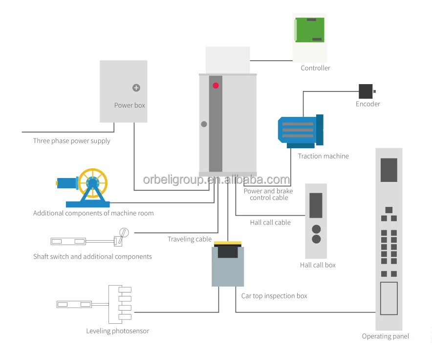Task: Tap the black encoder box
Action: click(x=366, y=91)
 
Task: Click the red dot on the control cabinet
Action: click(x=216, y=86)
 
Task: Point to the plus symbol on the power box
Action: click(x=136, y=88)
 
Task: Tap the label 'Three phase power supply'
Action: click(x=72, y=141)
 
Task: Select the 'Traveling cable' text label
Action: click(x=190, y=239)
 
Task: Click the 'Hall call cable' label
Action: click(x=270, y=223)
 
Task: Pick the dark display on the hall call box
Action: click(x=316, y=205)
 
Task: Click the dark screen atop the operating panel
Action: click(x=389, y=170)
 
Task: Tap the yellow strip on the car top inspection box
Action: click(x=228, y=243)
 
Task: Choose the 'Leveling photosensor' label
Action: click(x=118, y=331)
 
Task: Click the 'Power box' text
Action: click(x=130, y=105)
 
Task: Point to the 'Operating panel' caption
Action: click(x=386, y=336)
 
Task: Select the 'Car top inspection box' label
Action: click(x=274, y=296)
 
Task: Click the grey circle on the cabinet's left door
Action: click(x=204, y=124)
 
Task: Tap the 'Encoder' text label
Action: click(x=368, y=104)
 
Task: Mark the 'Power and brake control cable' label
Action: click(x=268, y=194)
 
